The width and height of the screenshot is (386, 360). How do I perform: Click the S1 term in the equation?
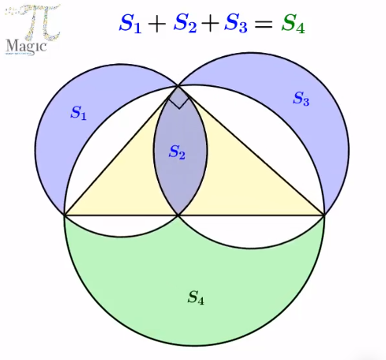[x=130, y=24]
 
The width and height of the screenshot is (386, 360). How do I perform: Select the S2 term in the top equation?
[x=185, y=24]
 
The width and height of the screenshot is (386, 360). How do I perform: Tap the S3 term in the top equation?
[x=236, y=24]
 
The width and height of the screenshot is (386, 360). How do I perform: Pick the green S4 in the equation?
[x=293, y=24]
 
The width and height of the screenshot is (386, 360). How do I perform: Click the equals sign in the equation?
[x=264, y=24]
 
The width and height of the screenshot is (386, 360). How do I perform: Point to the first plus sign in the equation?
[x=157, y=24]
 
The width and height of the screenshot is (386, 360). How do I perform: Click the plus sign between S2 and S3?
[x=210, y=24]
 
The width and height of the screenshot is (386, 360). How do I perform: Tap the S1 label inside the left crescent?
[x=78, y=113]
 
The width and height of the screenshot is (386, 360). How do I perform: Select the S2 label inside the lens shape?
[x=177, y=152]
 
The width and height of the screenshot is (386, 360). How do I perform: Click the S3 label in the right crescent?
[x=301, y=99]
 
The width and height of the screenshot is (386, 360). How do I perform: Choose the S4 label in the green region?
[x=196, y=298]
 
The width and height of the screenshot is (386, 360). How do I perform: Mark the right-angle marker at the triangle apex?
[x=179, y=102]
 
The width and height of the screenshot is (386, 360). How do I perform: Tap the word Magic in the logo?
[x=26, y=47]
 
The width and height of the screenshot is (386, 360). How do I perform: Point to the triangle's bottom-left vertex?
[x=65, y=216]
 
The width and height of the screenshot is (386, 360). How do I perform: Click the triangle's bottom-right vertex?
[x=324, y=216]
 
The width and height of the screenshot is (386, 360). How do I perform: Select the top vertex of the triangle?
[x=178, y=86]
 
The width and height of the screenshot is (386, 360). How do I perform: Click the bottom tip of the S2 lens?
[x=178, y=216]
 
